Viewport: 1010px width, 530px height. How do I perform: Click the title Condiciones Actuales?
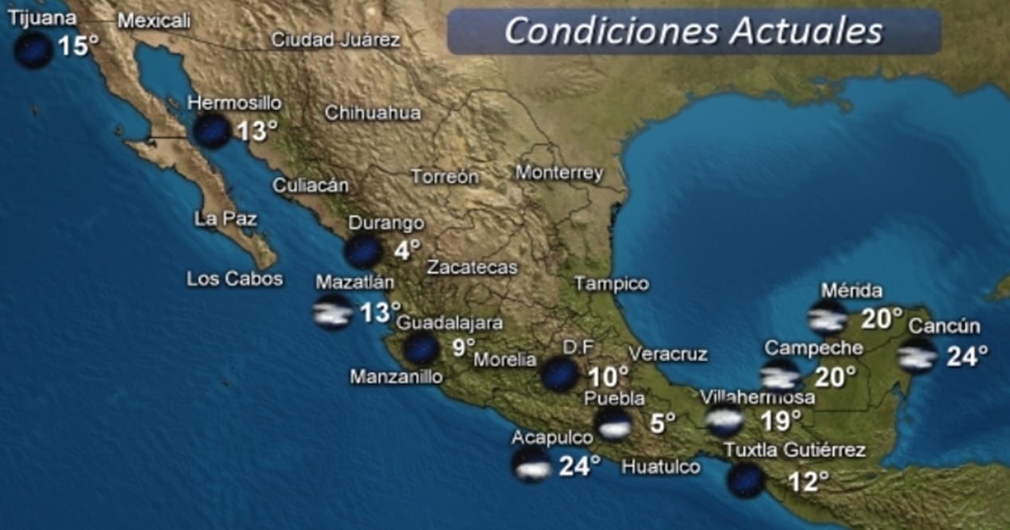tap(693, 31)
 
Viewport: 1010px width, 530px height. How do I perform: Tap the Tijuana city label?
tap(43, 18)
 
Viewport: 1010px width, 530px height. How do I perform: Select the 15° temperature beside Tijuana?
tap(78, 47)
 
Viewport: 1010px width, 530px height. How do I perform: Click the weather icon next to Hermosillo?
tap(212, 130)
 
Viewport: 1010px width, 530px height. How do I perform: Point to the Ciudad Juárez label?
tap(335, 40)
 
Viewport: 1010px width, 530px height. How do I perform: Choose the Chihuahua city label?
tap(372, 113)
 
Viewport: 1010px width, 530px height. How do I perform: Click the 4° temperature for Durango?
tap(407, 250)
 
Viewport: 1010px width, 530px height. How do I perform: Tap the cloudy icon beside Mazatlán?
tap(333, 312)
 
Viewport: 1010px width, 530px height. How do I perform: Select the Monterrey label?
tap(558, 173)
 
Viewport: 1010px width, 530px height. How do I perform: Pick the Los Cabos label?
tap(234, 279)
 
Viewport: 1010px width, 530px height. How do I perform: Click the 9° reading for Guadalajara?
tap(464, 347)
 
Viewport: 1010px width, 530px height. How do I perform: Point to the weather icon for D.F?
tap(560, 374)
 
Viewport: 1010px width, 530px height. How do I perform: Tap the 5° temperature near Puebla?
tap(662, 423)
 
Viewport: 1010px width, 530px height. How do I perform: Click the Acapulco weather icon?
tap(532, 464)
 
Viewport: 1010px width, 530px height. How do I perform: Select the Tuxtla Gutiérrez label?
tap(794, 450)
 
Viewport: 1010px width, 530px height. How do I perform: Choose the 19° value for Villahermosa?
tap(781, 419)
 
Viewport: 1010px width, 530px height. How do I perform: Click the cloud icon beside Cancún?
tap(918, 356)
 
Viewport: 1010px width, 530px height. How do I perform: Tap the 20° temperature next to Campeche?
tap(835, 376)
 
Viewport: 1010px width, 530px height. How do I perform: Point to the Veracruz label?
tap(667, 354)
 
